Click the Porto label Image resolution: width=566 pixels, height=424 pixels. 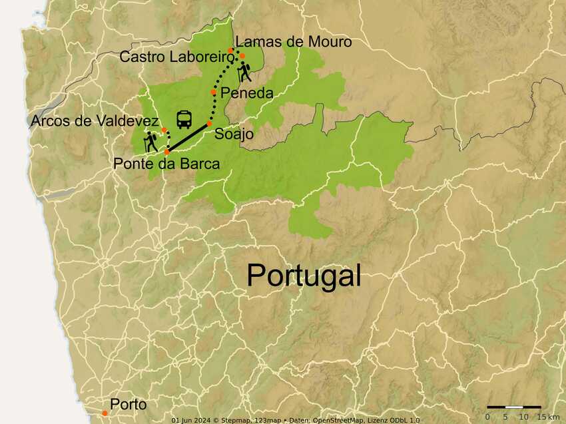(x=128, y=404)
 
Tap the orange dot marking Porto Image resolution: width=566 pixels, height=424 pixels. (x=105, y=413)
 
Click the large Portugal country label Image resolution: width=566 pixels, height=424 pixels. (x=304, y=275)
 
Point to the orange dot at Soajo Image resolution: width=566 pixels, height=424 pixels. (x=209, y=124)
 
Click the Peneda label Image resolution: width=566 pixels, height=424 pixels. (x=246, y=93)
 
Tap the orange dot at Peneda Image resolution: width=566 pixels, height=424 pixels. (x=214, y=92)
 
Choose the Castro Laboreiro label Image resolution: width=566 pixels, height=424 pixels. (x=176, y=57)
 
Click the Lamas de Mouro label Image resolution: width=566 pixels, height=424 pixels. (x=294, y=42)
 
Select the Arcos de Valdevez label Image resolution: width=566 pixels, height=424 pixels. (x=95, y=120)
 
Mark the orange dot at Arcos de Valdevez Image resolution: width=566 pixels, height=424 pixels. (x=164, y=130)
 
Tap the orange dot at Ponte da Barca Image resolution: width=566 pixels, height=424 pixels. (x=166, y=152)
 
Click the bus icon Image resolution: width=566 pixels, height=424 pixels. (x=184, y=120)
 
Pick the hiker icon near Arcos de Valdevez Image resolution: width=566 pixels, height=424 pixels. (x=151, y=140)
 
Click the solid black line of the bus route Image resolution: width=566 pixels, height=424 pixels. (x=188, y=138)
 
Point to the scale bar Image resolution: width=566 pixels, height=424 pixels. (x=513, y=406)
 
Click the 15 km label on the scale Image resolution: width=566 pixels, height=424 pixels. (x=548, y=417)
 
